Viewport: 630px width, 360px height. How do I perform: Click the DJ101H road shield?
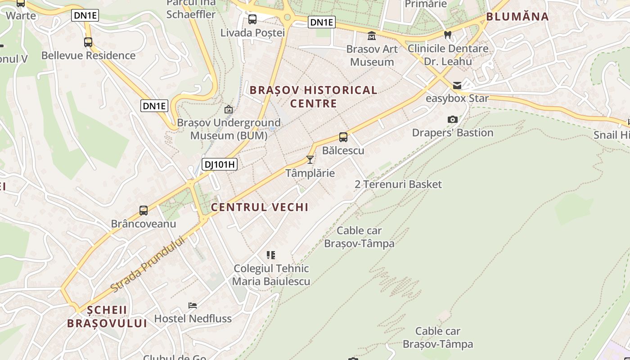point(219,164)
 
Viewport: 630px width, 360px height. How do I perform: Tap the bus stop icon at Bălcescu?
point(343,137)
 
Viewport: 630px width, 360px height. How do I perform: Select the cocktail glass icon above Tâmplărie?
point(310,159)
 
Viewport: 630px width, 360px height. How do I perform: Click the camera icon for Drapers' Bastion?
point(453,119)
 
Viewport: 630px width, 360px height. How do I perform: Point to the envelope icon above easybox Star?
point(457,85)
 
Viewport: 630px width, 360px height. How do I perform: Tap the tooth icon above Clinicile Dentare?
point(447,35)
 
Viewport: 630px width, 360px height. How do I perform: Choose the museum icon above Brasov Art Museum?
point(372,36)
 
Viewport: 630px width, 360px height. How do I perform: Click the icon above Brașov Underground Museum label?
point(229,109)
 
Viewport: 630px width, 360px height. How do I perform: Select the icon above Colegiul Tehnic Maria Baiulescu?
point(271,255)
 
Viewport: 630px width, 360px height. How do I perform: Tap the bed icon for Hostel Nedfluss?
point(193,306)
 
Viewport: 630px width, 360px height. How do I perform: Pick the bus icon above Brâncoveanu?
point(144,210)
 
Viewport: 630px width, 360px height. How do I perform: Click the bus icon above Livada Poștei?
point(252,19)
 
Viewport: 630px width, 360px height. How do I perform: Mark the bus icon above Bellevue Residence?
point(88,42)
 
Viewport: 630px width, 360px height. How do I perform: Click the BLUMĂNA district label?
point(517,17)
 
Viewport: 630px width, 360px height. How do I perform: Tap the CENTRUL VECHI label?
point(260,207)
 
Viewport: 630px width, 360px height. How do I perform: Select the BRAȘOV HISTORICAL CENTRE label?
point(314,97)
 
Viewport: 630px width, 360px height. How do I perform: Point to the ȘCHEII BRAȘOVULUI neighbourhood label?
point(107,317)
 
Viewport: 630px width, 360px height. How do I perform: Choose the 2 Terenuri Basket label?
point(398,184)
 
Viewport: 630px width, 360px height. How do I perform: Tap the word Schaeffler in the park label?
point(191,14)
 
